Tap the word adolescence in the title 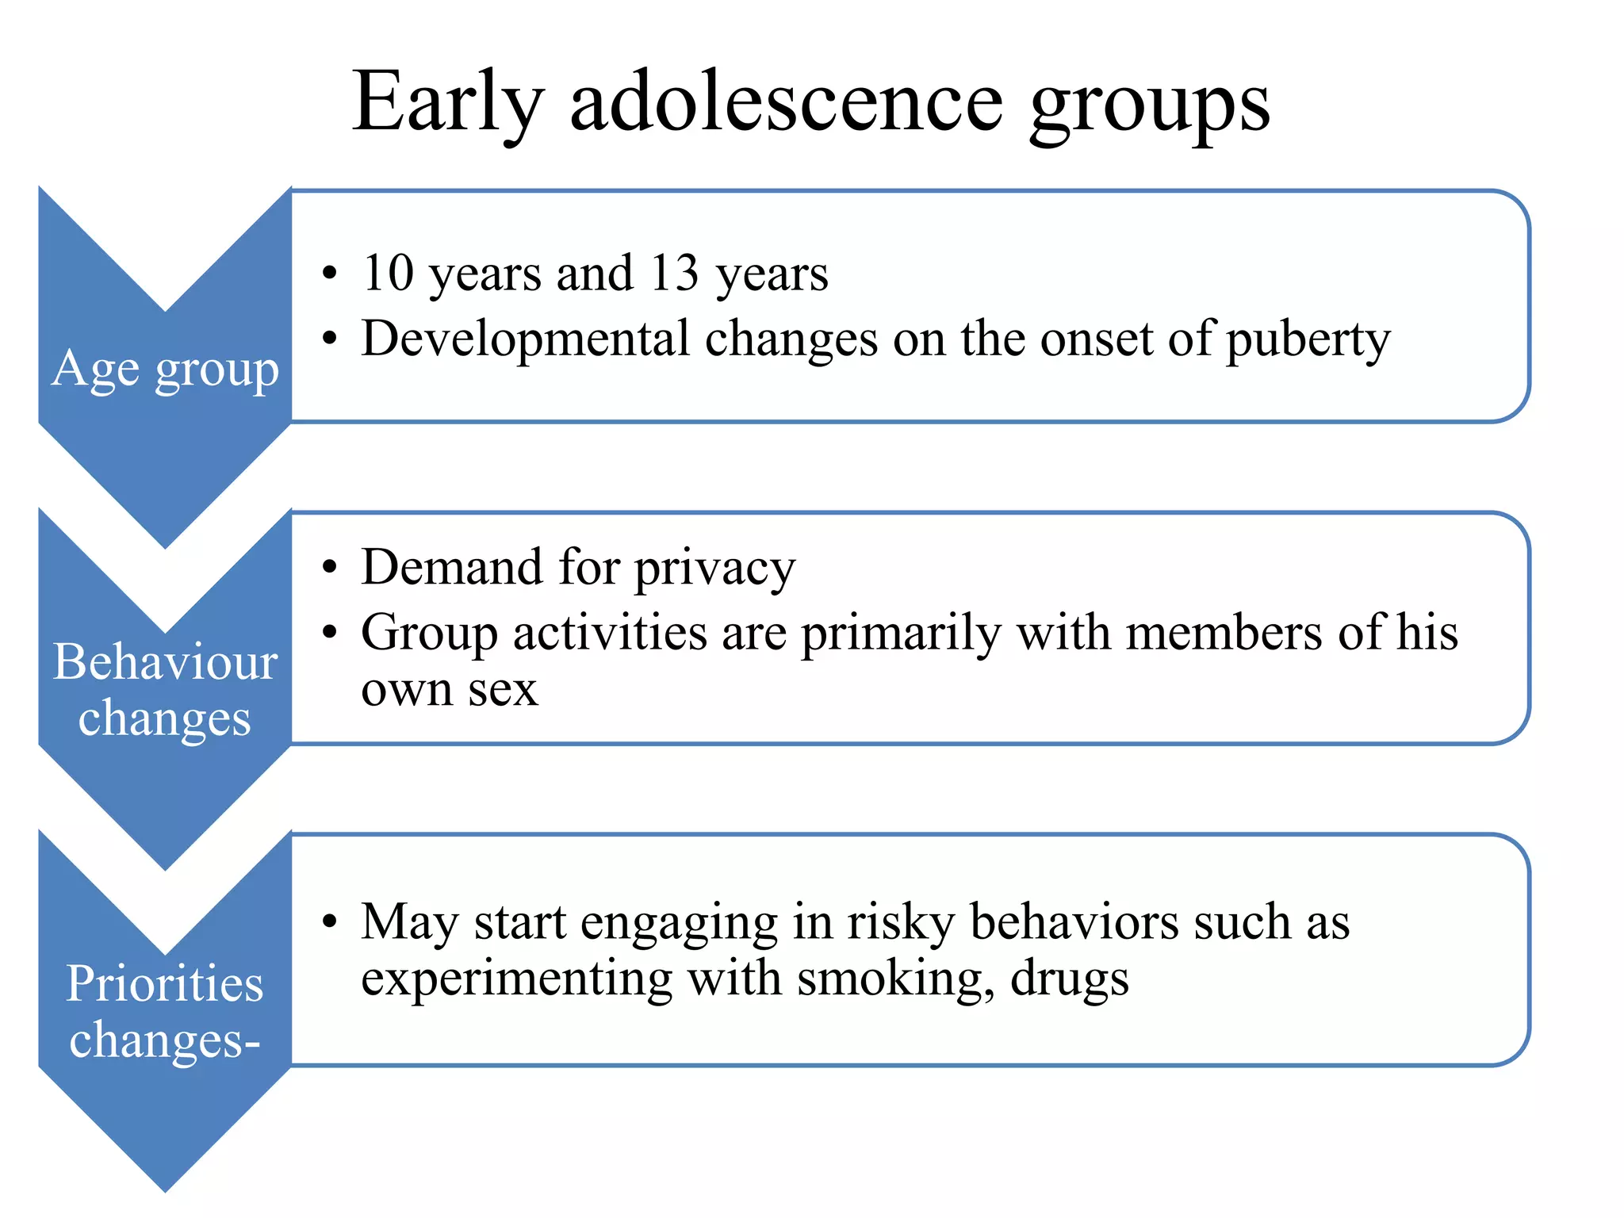[x=787, y=103]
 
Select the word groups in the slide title [x=1149, y=106]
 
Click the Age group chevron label [x=166, y=370]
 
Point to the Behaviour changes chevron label [x=165, y=690]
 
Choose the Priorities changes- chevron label [x=165, y=1011]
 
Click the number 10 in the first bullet [x=389, y=273]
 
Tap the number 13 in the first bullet [x=675, y=273]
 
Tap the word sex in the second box [x=503, y=690]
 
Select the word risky [x=901, y=923]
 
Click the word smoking [x=895, y=980]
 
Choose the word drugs [x=1070, y=980]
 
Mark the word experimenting [x=516, y=980]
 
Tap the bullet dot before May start [x=331, y=922]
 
